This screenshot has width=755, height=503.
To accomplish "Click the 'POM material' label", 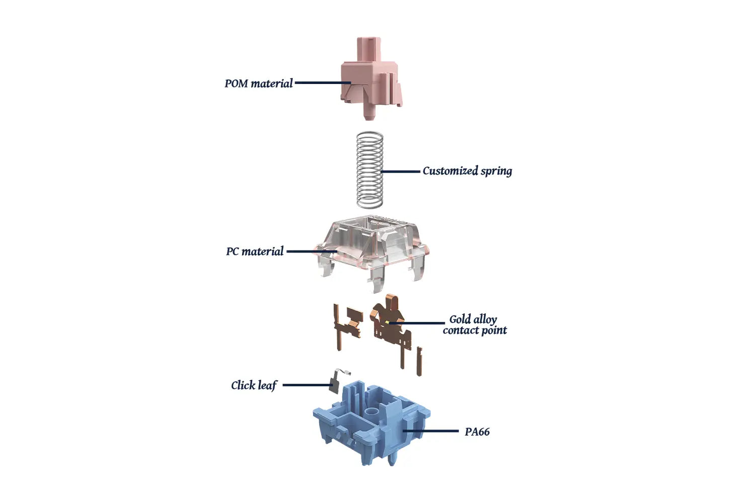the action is [x=259, y=83].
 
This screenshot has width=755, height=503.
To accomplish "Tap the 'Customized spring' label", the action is [x=467, y=171].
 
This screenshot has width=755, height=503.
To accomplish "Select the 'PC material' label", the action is [x=255, y=251].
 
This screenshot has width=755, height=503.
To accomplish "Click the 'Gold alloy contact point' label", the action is [x=475, y=325].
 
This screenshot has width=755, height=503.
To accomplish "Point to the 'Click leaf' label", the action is [x=254, y=385].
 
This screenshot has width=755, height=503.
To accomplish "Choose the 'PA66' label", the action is [x=477, y=432].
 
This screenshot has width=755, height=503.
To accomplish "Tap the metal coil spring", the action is [x=370, y=170].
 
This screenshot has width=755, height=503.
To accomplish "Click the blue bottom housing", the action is [x=371, y=425].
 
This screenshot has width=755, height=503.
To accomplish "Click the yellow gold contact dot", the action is [x=387, y=322].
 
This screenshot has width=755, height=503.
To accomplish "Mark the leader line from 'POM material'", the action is [x=323, y=82].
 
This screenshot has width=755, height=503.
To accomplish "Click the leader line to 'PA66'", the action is [x=430, y=431].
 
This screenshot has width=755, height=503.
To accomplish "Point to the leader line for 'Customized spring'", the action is [x=401, y=172].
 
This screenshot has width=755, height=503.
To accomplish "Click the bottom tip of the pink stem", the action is [x=370, y=119].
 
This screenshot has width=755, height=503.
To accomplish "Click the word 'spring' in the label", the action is [x=496, y=172].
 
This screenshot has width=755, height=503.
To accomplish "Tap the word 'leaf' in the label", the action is [x=267, y=385].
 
